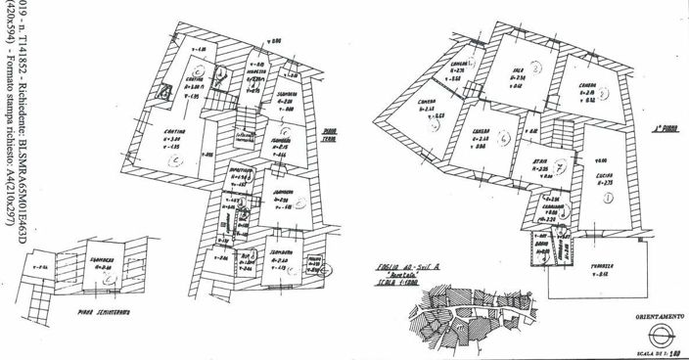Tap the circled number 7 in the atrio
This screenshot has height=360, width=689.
click(558, 166)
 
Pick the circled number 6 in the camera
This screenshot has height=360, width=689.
click(502, 140)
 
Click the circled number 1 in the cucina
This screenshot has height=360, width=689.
click(609, 198)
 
